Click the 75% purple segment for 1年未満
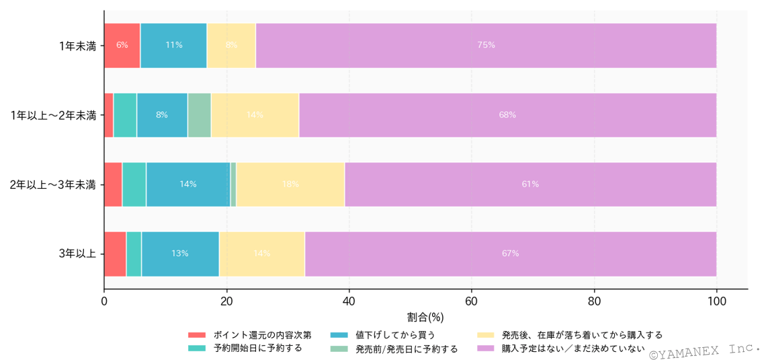(x=486, y=45)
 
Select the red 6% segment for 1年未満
(x=122, y=45)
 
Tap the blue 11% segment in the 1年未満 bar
(x=173, y=45)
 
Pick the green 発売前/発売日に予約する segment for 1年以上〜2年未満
(x=199, y=115)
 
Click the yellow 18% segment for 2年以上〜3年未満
(x=290, y=184)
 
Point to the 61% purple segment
(x=530, y=184)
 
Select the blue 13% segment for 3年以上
(x=179, y=254)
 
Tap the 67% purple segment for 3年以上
(x=510, y=254)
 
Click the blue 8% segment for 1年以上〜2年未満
(x=162, y=115)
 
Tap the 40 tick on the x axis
(x=349, y=302)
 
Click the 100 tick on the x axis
(x=716, y=302)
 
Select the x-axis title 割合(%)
(x=425, y=316)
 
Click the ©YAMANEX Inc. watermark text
(x=704, y=351)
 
